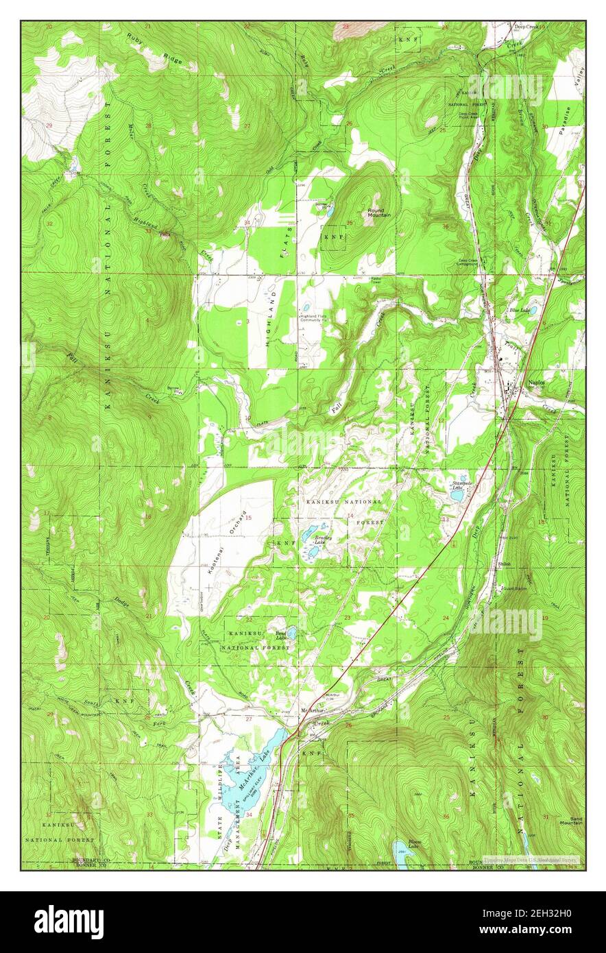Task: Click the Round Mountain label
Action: (379, 213)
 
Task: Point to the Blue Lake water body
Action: (532, 311)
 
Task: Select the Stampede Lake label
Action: (459, 485)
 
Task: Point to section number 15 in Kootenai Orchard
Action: (249, 518)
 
